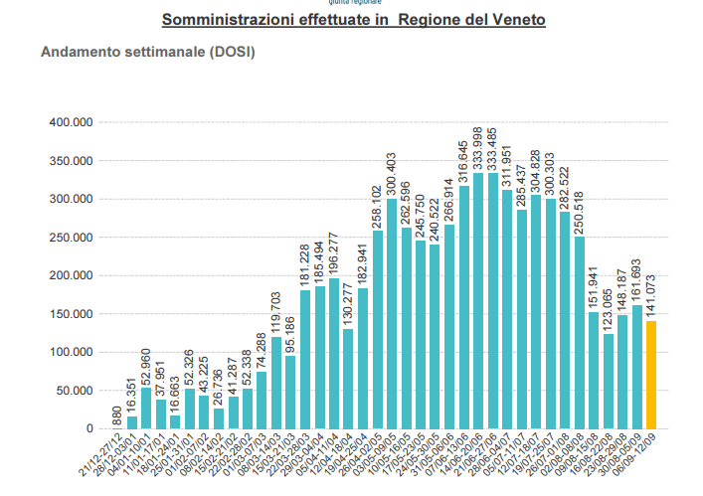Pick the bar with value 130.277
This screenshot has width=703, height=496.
click(x=348, y=379)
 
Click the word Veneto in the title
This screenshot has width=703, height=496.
click(x=517, y=19)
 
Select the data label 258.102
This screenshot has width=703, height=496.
click(x=377, y=207)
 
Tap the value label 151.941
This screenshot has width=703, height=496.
click(x=594, y=288)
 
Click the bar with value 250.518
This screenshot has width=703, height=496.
click(x=580, y=333)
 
